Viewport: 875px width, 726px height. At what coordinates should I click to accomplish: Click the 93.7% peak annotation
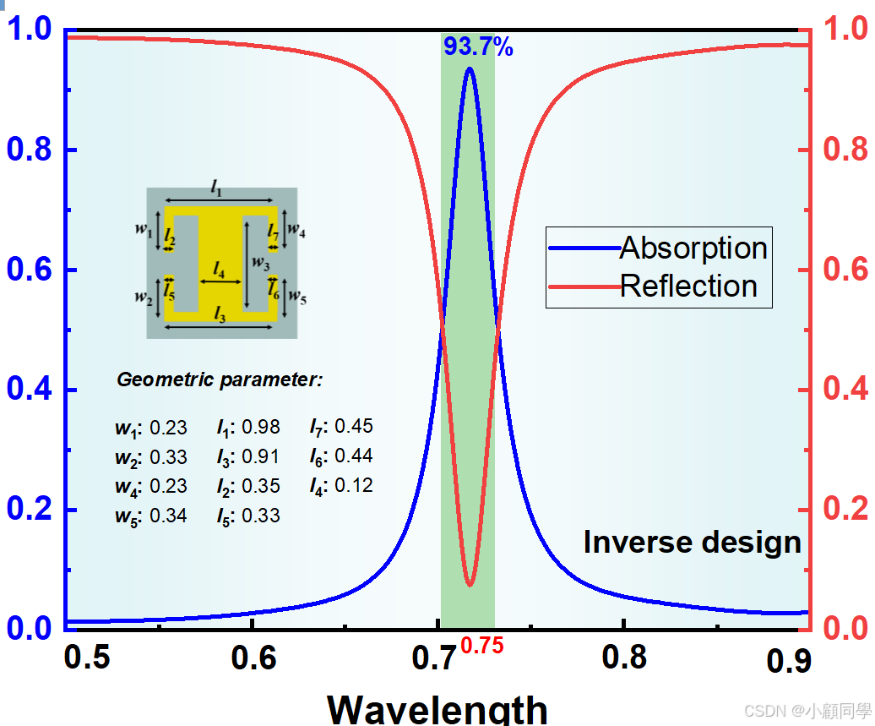click(x=478, y=46)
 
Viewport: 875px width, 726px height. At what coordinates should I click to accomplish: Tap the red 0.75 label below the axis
click(x=482, y=647)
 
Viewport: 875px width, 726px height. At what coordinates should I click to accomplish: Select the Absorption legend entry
click(x=693, y=248)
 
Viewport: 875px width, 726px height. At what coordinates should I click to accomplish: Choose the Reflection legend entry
click(x=688, y=286)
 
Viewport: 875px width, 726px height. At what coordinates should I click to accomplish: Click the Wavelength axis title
click(x=437, y=708)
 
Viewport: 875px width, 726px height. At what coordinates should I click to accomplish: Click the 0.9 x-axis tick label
click(x=789, y=660)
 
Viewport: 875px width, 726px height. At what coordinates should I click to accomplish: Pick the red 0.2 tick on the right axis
click(x=847, y=510)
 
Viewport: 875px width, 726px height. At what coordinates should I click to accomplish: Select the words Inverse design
click(x=692, y=542)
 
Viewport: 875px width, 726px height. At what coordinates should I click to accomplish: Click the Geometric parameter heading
click(x=220, y=380)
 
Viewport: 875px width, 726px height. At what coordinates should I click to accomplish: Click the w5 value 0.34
click(x=168, y=516)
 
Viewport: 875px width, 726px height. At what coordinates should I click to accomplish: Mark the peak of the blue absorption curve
click(x=469, y=68)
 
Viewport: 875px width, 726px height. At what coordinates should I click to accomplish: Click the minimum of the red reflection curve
click(x=470, y=584)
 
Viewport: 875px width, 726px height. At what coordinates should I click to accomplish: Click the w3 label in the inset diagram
click(x=261, y=263)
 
